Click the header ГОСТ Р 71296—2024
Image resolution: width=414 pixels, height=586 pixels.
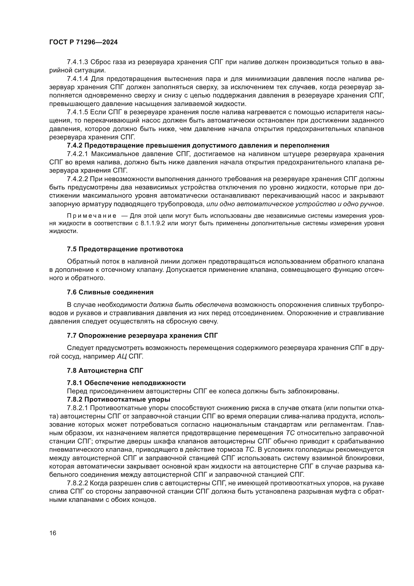[83, 42]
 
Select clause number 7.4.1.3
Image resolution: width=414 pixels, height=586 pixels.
[77, 62]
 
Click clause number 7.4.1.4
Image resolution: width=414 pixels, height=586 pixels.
[77, 79]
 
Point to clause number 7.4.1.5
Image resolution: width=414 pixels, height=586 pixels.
[77, 112]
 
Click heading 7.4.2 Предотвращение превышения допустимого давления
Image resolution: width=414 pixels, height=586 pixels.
[198, 146]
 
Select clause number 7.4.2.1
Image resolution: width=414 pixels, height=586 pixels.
[77, 154]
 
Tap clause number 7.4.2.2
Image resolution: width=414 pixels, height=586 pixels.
[77, 179]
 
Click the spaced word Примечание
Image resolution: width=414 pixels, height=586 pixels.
[92, 216]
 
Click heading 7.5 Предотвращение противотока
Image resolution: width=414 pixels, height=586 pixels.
[125, 249]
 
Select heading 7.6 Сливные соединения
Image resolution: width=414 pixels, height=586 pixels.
[110, 292]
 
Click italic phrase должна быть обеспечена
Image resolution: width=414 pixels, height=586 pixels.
[190, 305]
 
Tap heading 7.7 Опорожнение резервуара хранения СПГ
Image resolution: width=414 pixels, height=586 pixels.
[142, 335]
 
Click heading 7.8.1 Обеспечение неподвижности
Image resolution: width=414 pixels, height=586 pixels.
[126, 383]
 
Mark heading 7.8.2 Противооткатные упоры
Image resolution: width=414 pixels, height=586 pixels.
[119, 399]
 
